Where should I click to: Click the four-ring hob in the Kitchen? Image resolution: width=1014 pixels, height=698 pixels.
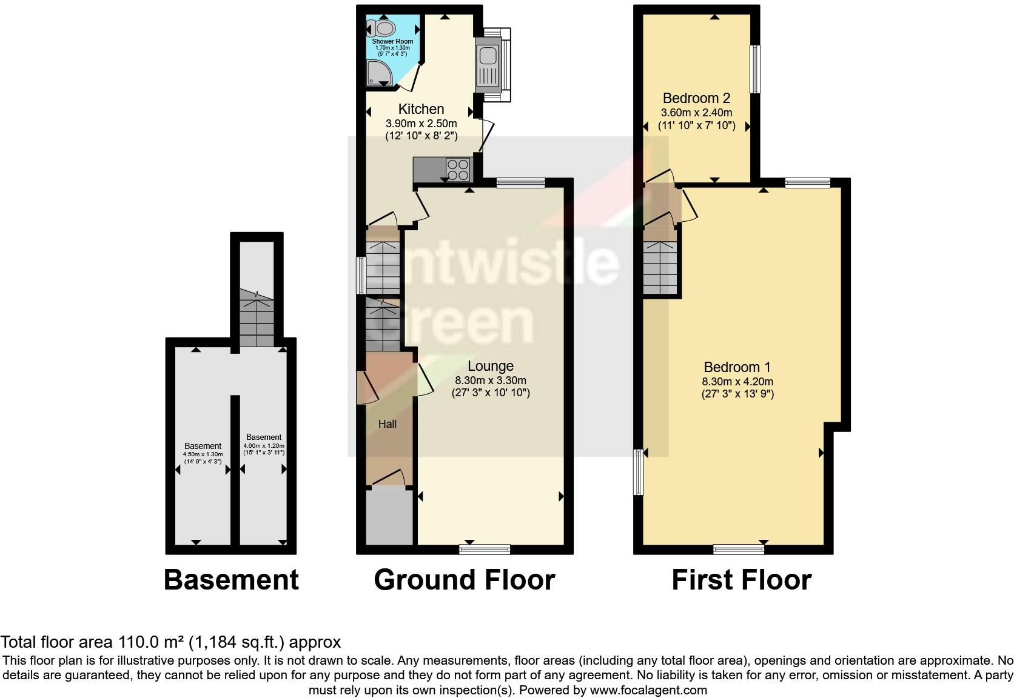459,168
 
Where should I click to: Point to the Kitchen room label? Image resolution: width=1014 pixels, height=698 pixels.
421,109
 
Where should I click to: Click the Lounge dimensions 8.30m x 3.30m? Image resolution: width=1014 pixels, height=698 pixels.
491,381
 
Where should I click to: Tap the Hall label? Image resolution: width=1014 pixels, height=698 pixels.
388,424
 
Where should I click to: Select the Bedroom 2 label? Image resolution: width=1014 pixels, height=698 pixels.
696,98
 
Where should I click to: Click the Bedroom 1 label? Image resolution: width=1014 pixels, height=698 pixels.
737,367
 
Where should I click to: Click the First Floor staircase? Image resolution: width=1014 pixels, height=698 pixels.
660,267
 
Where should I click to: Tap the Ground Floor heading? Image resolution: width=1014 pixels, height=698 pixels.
464,580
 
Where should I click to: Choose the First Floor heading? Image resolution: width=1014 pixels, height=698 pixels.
741,580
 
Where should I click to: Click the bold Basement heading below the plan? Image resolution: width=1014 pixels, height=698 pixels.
231,580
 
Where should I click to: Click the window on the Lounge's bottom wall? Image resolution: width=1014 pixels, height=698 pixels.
485,550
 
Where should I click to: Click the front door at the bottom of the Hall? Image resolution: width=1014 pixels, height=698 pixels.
388,479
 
